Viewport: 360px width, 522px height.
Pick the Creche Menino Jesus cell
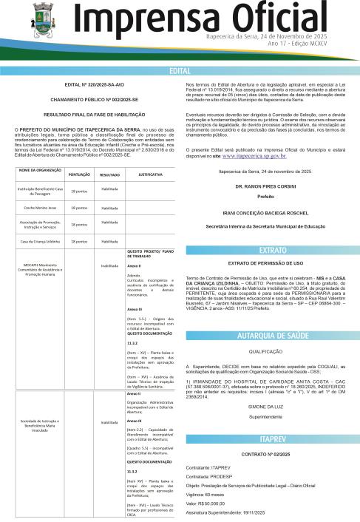coord(38,208)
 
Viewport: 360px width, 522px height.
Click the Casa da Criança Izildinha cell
coord(38,241)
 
